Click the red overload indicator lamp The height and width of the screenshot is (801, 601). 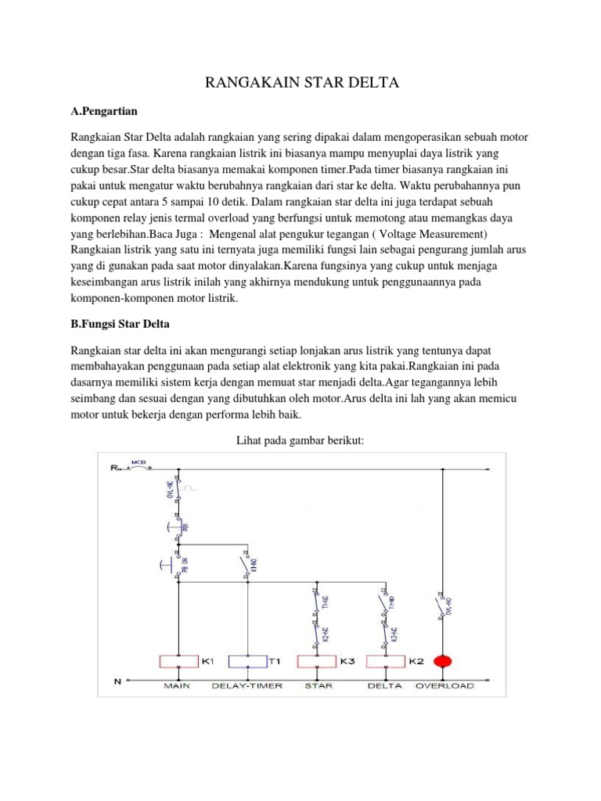pos(444,661)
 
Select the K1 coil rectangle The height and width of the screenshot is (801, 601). pos(179,661)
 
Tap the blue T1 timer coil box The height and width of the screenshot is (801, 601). pos(248,661)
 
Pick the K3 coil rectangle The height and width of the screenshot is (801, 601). pos(317,661)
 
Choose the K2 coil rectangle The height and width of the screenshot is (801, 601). pos(385,661)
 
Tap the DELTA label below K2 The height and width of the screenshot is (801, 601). pos(384,686)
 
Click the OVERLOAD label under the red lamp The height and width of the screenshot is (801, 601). pos(444,686)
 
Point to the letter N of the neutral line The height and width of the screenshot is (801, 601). pos(117,681)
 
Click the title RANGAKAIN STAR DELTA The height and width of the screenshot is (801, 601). pos(301,83)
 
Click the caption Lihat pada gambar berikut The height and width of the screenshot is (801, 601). pos(300,442)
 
